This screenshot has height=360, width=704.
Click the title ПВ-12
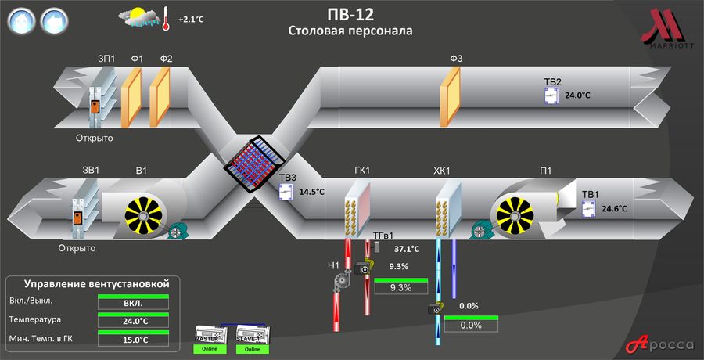350,14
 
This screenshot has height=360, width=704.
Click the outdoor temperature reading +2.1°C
192,18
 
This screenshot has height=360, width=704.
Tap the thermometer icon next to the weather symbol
166,18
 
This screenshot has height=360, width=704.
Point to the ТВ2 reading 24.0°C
577,95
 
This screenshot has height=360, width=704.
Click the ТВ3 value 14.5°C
311,191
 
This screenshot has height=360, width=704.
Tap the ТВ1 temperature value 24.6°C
614,209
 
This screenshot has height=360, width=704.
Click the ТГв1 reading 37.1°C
407,249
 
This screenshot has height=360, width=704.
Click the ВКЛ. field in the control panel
133,303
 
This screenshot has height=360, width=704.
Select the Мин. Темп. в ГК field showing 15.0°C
133,340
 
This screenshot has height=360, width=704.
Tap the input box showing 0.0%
470,326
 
